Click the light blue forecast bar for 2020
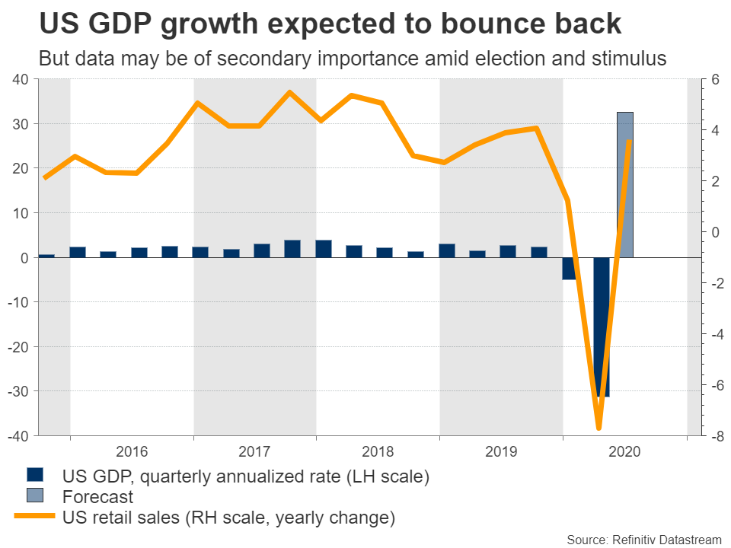coord(624,183)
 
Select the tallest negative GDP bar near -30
coord(602,327)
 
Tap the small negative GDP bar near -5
coord(570,269)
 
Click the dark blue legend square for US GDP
coord(34,476)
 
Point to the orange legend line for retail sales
coord(34,518)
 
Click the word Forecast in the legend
coord(97,498)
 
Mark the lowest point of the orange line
coord(599,428)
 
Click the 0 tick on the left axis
coord(24,258)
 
